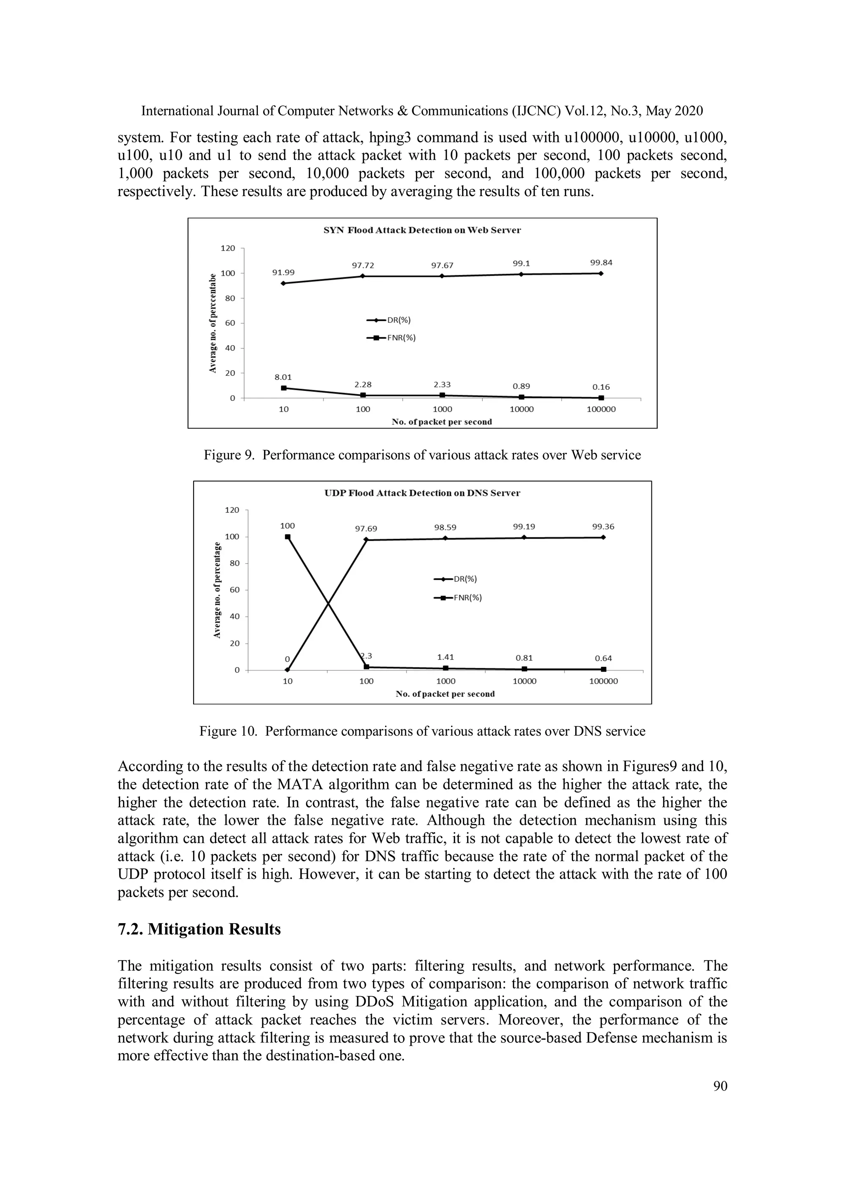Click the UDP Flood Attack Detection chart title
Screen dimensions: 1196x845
click(x=422, y=493)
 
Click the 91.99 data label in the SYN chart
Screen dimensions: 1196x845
click(x=283, y=272)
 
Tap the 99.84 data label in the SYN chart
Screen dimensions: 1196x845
click(x=601, y=263)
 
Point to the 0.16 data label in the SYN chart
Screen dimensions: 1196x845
click(x=601, y=387)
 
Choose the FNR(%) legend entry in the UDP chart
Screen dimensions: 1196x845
click(x=467, y=598)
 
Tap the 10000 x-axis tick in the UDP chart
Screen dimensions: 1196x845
click(x=524, y=681)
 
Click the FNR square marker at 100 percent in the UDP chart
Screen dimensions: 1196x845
click(x=288, y=537)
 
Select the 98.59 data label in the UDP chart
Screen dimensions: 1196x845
click(x=445, y=528)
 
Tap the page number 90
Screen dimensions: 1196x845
click(x=720, y=1086)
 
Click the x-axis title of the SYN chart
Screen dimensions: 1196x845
click(x=441, y=422)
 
